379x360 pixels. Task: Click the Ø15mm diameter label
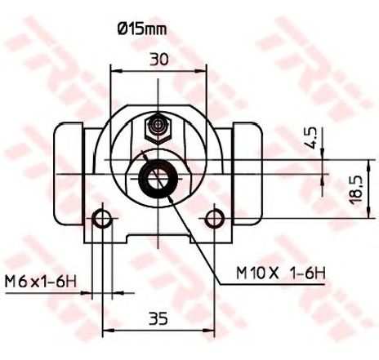click(142, 29)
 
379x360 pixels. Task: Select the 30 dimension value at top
click(159, 60)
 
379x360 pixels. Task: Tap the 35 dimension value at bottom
click(158, 318)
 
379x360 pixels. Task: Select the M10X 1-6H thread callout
click(281, 273)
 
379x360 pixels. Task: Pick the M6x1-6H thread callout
click(41, 282)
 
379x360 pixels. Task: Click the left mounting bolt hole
click(102, 219)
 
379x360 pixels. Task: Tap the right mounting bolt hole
click(215, 219)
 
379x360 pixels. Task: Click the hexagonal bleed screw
click(158, 127)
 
